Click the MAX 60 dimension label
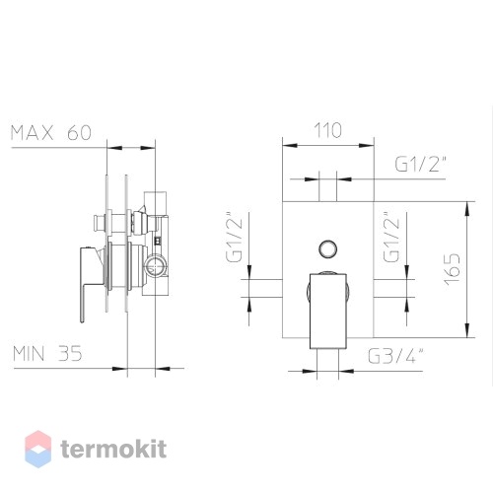(51, 133)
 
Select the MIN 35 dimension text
(47, 354)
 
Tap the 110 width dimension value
(328, 130)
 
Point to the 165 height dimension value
(453, 269)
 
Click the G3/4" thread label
(395, 356)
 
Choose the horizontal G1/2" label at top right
(421, 164)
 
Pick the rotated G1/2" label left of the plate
(234, 236)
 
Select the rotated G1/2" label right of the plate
(391, 236)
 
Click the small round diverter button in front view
(328, 249)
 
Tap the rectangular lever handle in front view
(328, 311)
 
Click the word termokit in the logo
(113, 449)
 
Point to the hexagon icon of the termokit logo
(38, 449)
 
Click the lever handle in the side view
(86, 283)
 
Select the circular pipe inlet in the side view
(155, 265)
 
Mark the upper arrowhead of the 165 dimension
(466, 208)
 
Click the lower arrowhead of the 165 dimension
(466, 330)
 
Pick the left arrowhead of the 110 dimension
(290, 145)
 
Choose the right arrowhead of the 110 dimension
(367, 145)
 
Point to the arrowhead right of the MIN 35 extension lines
(163, 369)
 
